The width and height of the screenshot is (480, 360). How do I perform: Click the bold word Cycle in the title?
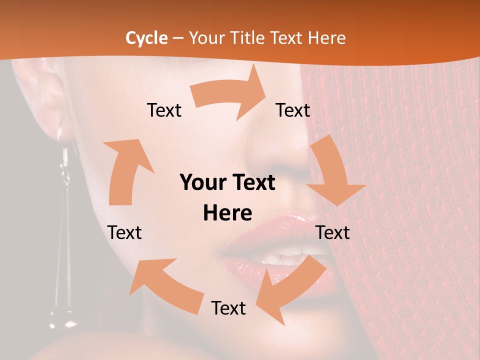[146, 38]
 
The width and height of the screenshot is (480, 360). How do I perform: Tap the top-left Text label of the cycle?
[164, 110]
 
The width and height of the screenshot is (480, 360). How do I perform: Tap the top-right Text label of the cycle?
[293, 110]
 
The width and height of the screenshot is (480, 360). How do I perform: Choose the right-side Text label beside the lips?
[333, 232]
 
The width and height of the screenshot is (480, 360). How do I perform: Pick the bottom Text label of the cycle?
[228, 308]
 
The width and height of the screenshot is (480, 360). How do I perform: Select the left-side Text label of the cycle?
[124, 232]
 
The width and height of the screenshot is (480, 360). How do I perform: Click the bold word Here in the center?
[227, 213]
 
